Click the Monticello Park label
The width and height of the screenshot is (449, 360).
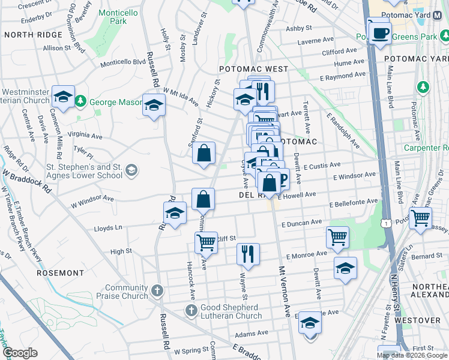pyautogui.click(x=110, y=16)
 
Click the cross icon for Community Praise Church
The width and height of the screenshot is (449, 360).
pyautogui.click(x=157, y=290)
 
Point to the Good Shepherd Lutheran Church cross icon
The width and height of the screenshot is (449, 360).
pyautogui.click(x=191, y=310)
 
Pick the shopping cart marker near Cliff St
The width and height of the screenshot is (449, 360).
pyautogui.click(x=206, y=242)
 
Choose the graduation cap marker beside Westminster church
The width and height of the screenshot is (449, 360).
pyautogui.click(x=62, y=96)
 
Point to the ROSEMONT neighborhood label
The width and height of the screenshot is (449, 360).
pyautogui.click(x=61, y=273)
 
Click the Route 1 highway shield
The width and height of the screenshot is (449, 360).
pyautogui.click(x=382, y=223)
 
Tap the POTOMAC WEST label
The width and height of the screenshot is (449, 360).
pyautogui.click(x=253, y=69)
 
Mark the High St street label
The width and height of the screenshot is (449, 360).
pyautogui.click(x=121, y=251)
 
